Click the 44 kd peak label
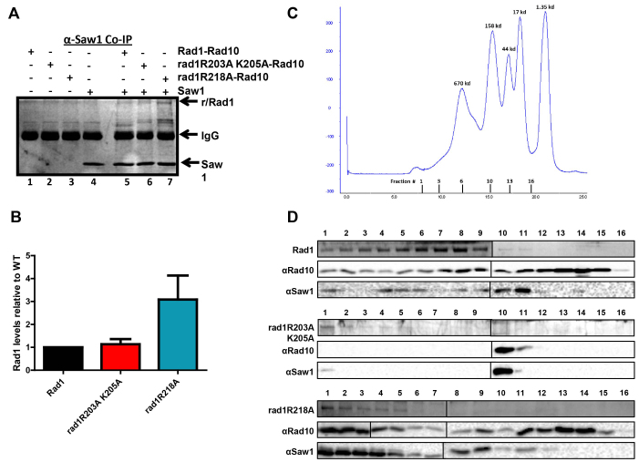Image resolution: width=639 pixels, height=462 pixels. click(508, 48)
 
